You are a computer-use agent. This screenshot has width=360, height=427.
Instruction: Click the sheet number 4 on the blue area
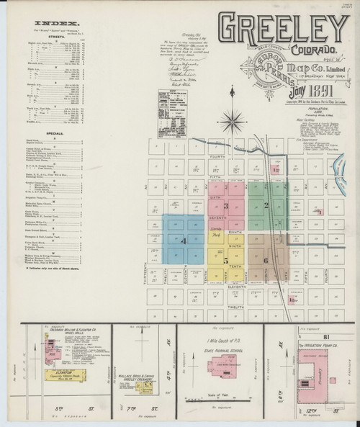184,240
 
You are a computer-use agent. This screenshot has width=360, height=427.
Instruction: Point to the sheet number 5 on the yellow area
226,259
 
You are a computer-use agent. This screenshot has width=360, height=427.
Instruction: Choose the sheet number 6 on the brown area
266,260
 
